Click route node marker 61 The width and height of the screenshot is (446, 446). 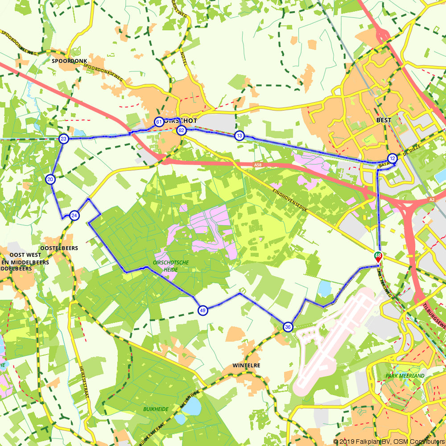pyautogui.click(x=158, y=121)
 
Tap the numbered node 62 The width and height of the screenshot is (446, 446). pyautogui.click(x=181, y=130)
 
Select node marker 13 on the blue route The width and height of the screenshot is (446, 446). pyautogui.click(x=240, y=136)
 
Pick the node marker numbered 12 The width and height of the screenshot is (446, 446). pyautogui.click(x=392, y=158)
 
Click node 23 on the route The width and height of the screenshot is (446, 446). pyautogui.click(x=64, y=139)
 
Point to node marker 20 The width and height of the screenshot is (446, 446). pyautogui.click(x=50, y=179)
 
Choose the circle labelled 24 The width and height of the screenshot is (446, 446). pyautogui.click(x=74, y=215)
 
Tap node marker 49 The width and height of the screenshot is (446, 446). pyautogui.click(x=203, y=310)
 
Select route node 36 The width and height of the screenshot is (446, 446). pyautogui.click(x=288, y=327)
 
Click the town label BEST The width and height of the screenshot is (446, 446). pyautogui.click(x=384, y=120)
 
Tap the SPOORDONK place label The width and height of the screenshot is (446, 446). pyautogui.click(x=69, y=61)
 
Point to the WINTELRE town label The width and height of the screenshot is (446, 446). pyautogui.click(x=246, y=365)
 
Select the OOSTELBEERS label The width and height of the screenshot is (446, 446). pyautogui.click(x=59, y=248)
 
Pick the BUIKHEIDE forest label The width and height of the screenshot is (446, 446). pyautogui.click(x=156, y=409)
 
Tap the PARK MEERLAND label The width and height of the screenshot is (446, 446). pyautogui.click(x=405, y=376)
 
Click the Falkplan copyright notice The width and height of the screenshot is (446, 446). pyautogui.click(x=388, y=442)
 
